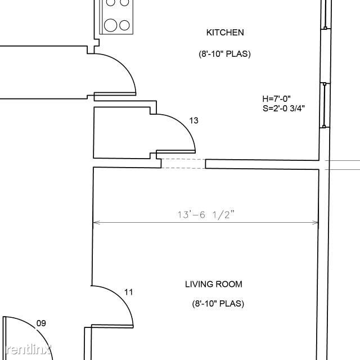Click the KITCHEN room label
225,33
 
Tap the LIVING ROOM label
214,284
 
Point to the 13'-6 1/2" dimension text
206,215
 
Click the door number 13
193,120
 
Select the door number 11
129,292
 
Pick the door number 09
41,323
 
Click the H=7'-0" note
276,99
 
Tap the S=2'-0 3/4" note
283,108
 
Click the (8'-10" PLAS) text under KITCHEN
224,54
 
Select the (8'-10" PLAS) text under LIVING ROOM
218,304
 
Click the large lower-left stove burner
110,25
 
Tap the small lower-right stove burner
124,25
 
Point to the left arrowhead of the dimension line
96,222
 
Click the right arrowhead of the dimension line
316,223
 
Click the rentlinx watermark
28,350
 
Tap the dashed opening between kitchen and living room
183,164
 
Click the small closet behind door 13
121,133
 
